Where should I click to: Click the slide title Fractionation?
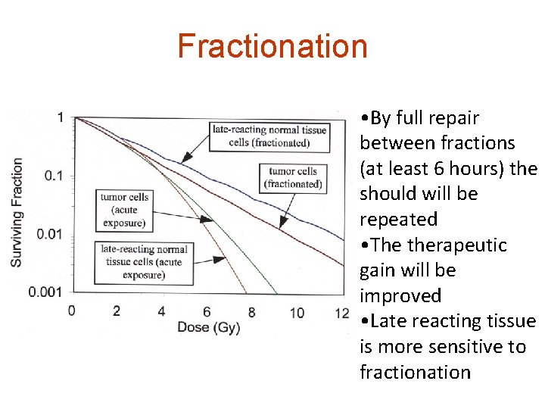coord(272,45)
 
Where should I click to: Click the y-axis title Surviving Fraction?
coord(16,211)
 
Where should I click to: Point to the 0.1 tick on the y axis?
coord(54,176)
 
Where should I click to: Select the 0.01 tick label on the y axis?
coord(51,234)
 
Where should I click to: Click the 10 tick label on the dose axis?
coord(296,312)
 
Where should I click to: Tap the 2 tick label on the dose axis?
coord(116,311)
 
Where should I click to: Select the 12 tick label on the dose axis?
coord(341,312)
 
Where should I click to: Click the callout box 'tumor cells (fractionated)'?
coord(293,178)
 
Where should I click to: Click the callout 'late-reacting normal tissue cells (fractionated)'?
coord(270,136)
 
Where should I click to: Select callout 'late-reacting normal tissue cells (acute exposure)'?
coord(143,262)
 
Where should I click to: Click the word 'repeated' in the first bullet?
coord(398,220)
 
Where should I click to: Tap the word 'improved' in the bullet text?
coord(400,296)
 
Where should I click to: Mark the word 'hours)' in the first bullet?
coord(480,169)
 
